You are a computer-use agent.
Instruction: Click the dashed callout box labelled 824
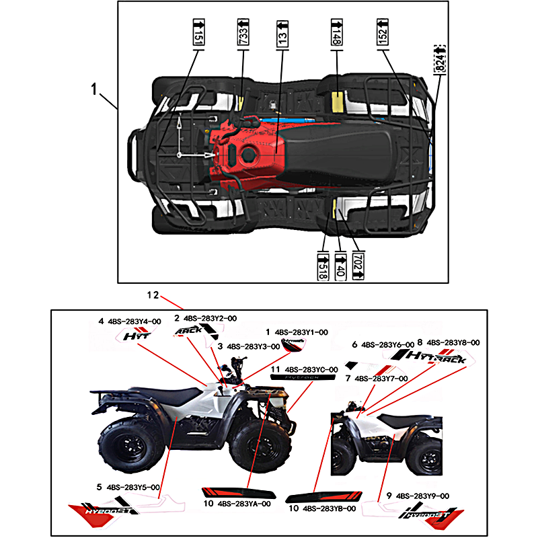[x=440, y=59]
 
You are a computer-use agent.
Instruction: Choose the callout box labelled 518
[x=323, y=264]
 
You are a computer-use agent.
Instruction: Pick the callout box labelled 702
[x=357, y=264]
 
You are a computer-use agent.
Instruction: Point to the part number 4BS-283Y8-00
[x=453, y=342]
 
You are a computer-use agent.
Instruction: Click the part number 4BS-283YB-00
[x=330, y=509]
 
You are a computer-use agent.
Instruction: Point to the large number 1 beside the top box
[x=95, y=88]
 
